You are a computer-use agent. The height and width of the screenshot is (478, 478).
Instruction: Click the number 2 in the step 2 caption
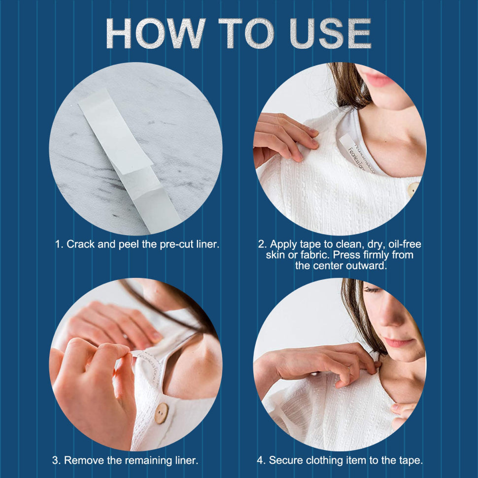tap(261, 244)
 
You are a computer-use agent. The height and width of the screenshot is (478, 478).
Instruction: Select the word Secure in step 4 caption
tap(286, 461)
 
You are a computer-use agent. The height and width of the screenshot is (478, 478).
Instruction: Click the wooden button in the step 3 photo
tap(161, 413)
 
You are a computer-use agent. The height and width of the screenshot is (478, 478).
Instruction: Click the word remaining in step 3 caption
tap(147, 461)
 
